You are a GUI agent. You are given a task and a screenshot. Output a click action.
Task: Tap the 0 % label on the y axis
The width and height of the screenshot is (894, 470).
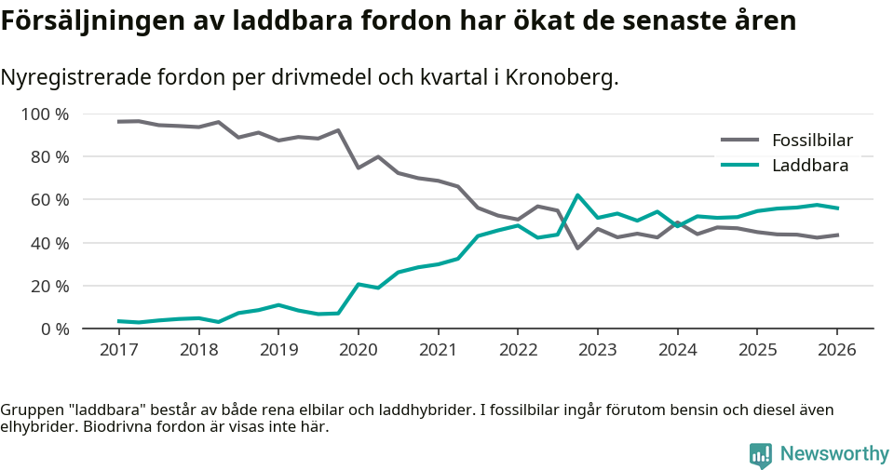53,329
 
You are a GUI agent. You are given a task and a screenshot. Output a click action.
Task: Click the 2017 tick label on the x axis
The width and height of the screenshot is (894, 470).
118,350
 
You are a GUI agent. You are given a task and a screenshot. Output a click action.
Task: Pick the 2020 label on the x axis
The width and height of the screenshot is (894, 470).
358,350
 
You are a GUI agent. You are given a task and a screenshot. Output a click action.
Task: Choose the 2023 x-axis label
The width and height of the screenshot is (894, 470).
597,350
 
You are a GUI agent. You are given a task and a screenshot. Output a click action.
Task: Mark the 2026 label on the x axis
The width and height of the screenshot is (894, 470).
836,350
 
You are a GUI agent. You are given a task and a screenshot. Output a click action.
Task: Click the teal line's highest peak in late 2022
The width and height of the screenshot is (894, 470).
577,195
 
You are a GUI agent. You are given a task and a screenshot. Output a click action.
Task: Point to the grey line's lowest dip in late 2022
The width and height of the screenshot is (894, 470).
577,248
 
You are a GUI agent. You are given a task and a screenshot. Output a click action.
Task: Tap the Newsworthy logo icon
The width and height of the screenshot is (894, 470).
761,454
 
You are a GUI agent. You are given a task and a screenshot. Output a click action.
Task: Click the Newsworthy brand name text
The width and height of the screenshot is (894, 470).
834,454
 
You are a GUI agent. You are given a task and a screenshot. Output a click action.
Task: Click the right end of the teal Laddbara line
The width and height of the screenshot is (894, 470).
836,208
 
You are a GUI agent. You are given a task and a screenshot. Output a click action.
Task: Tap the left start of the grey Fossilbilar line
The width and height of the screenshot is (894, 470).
119,122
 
